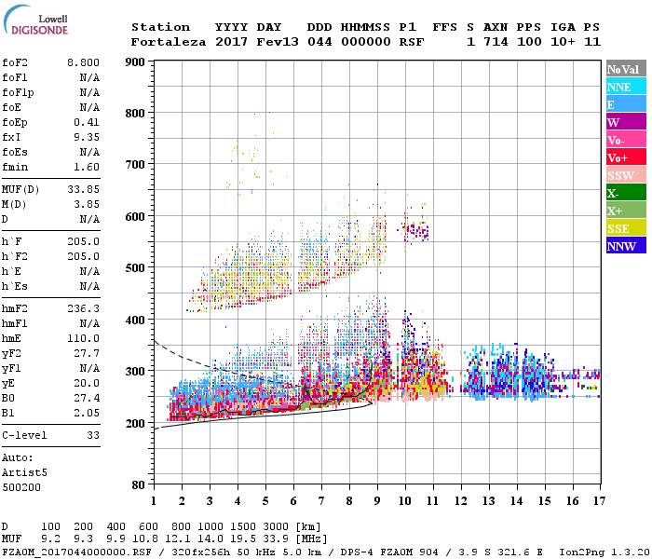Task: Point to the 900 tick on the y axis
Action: coord(135,62)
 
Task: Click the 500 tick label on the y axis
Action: coord(135,268)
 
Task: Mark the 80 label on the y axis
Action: coord(138,485)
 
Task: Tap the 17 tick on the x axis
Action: coord(597,501)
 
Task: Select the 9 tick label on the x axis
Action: coord(377,501)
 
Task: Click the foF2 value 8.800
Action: coord(83,62)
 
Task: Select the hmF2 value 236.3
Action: coord(83,308)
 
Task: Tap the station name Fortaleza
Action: coord(169,42)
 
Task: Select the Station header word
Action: coord(160,27)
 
